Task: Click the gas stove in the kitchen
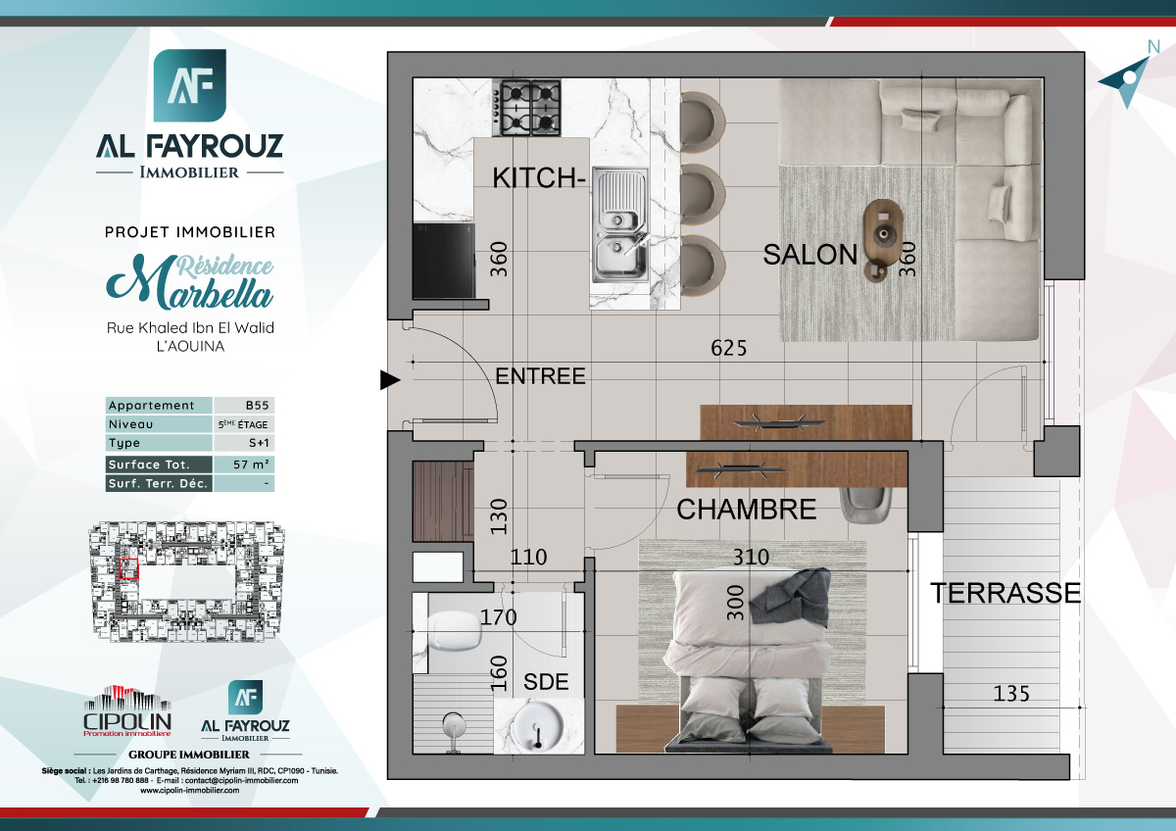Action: [526, 107]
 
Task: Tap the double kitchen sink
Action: [619, 224]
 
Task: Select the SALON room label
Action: [809, 255]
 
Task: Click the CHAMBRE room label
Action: [747, 510]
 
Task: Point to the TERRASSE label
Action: [1005, 593]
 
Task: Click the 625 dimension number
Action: [729, 348]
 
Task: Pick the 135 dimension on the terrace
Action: [1011, 694]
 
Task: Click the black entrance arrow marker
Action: [390, 379]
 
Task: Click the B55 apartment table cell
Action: [243, 406]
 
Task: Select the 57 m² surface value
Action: [243, 464]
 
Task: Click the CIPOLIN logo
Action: [126, 711]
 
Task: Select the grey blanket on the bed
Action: [795, 596]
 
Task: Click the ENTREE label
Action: [540, 376]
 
